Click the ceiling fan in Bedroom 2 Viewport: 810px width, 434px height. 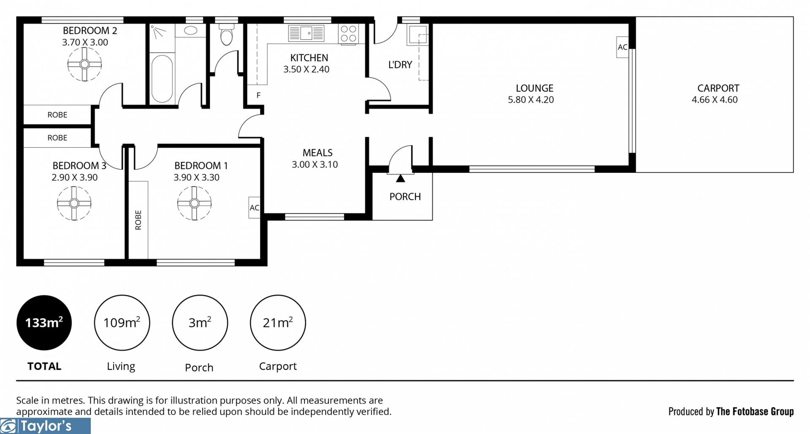(84, 64)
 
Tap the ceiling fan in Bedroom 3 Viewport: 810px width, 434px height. (74, 203)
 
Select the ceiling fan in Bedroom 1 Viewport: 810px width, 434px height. (194, 203)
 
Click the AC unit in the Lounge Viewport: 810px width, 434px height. (622, 47)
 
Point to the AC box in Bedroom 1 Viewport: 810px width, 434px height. (254, 208)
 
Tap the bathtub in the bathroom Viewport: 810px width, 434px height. (162, 79)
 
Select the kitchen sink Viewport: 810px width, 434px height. (306, 33)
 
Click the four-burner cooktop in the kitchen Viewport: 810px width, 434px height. (348, 33)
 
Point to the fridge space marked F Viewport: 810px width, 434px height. (258, 95)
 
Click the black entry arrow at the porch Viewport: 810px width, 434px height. (400, 178)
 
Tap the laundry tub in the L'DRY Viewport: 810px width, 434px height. (417, 34)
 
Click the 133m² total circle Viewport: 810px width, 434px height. (44, 323)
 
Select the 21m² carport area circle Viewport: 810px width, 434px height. (278, 323)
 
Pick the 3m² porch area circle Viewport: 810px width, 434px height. (200, 323)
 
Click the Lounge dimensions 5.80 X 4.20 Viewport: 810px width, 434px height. (531, 100)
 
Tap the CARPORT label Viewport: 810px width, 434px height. (718, 88)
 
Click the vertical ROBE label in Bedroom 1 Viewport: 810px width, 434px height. (138, 220)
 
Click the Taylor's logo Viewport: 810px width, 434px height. (45, 426)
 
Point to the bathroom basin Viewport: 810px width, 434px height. (191, 30)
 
